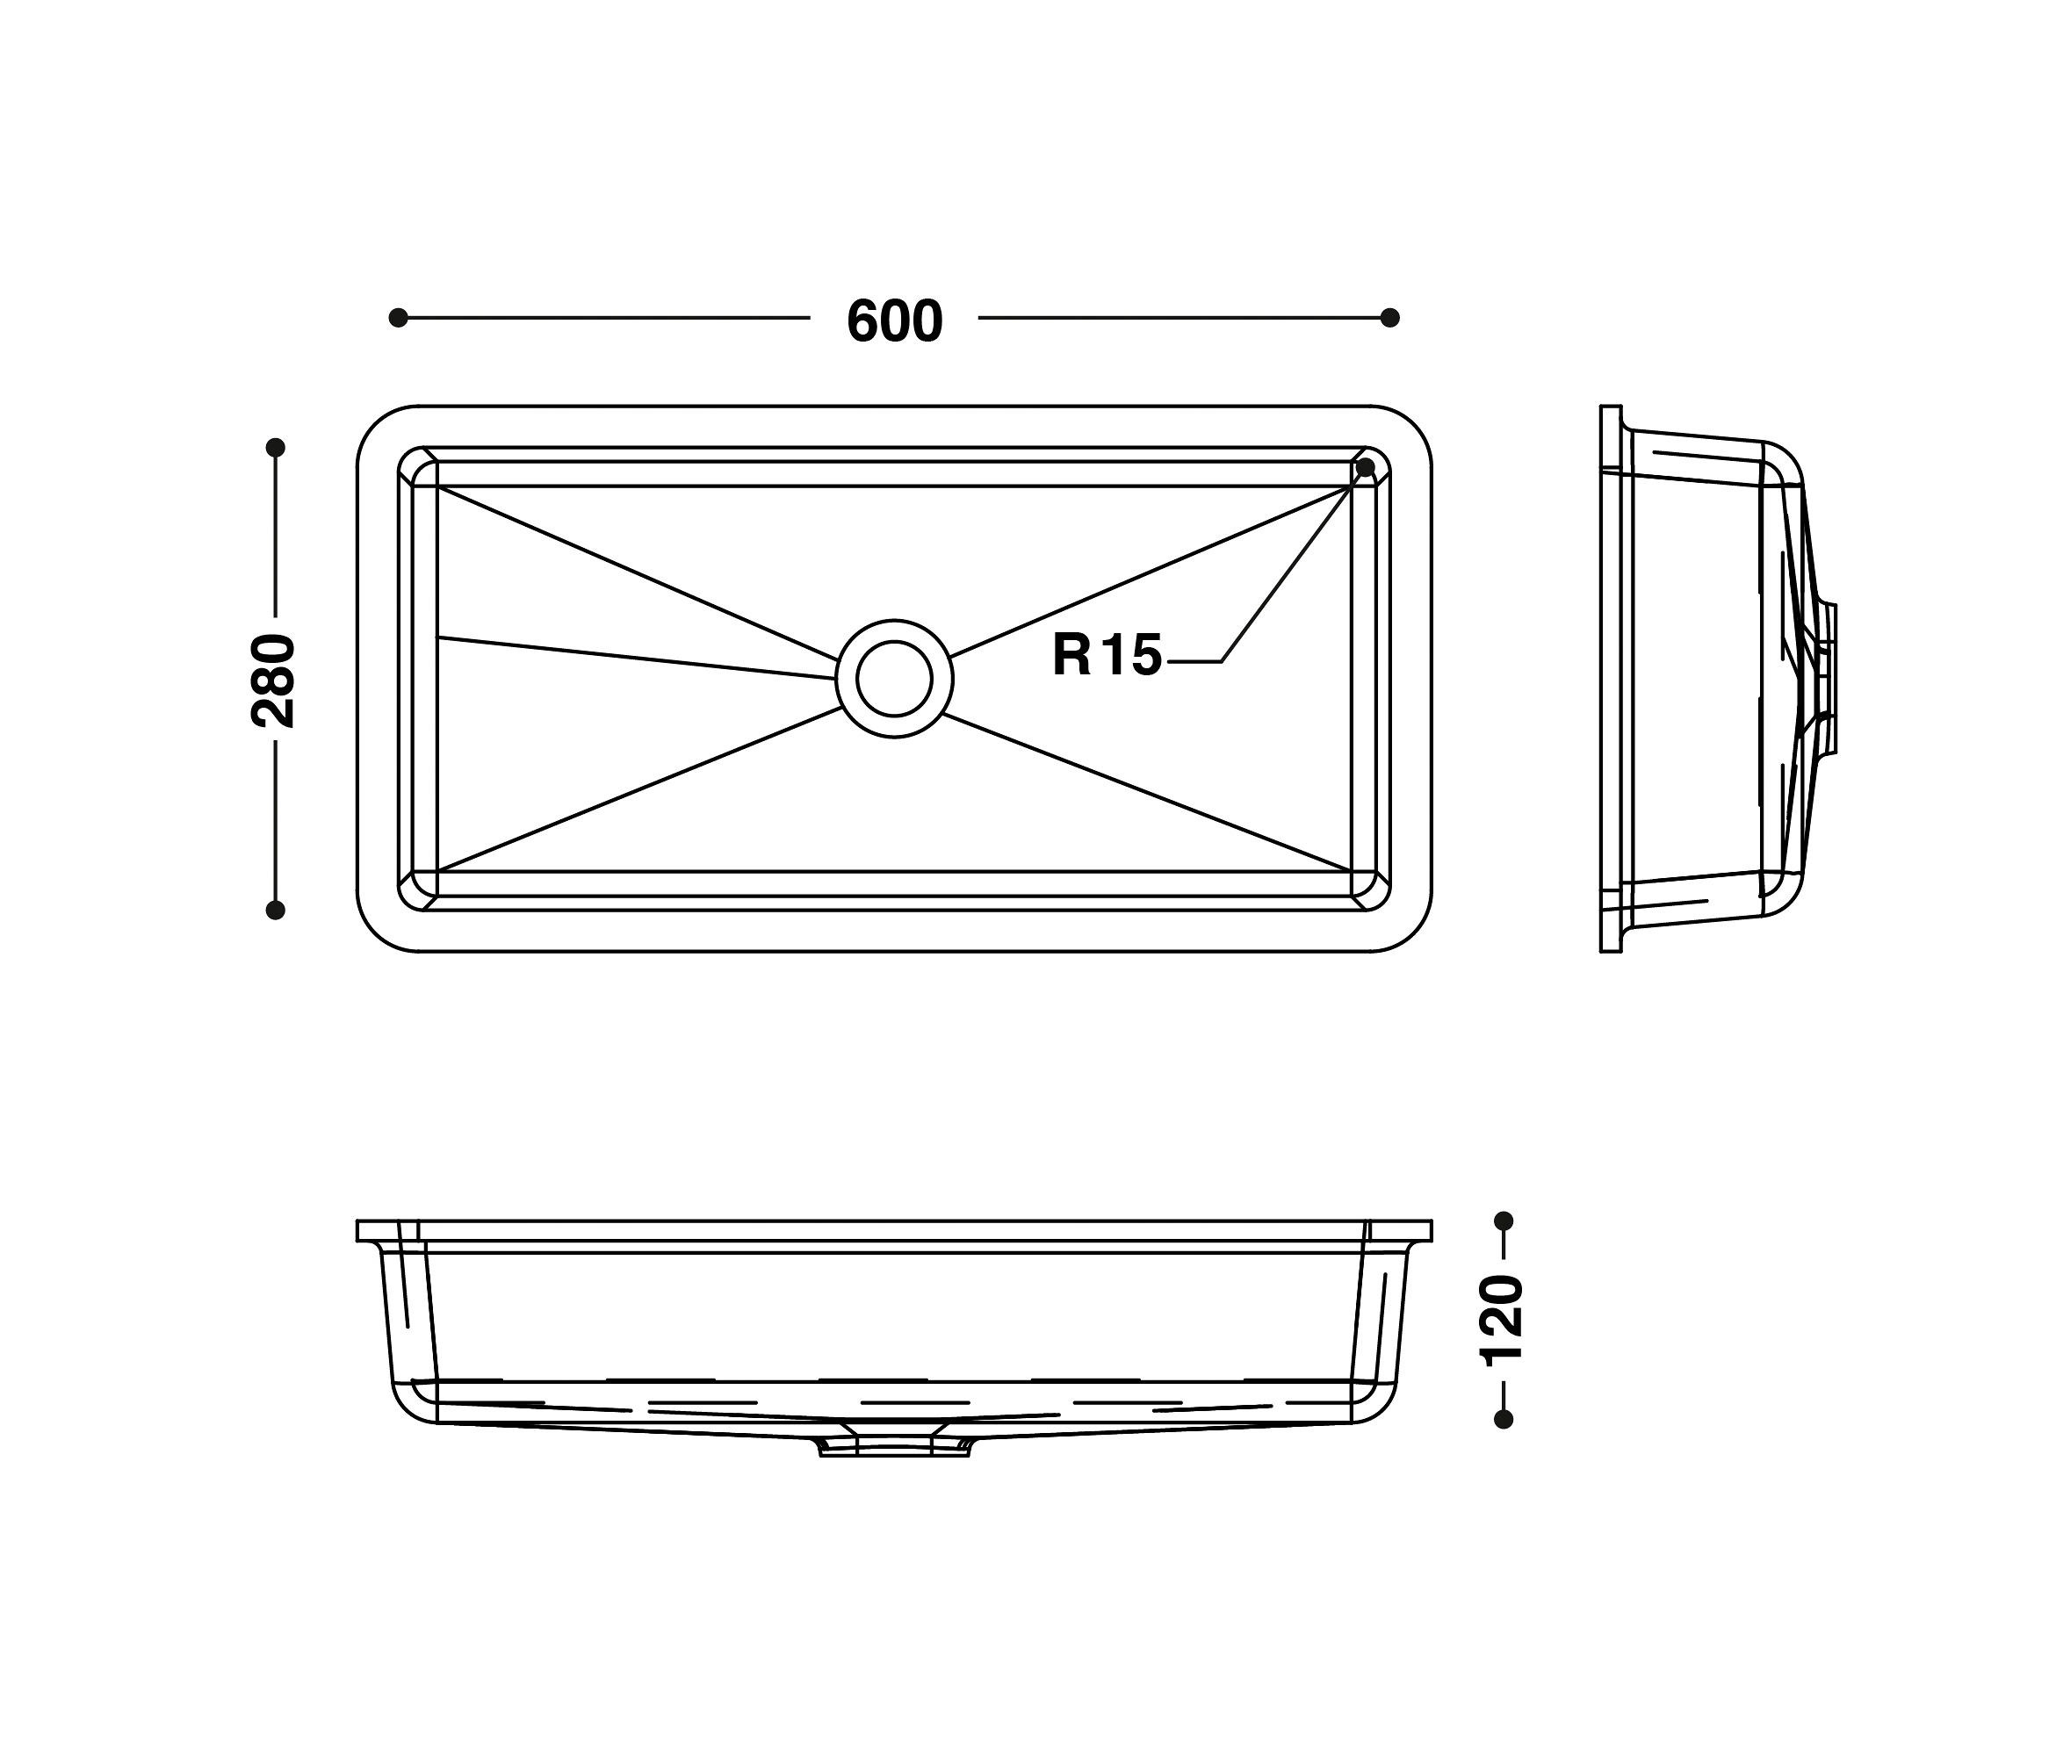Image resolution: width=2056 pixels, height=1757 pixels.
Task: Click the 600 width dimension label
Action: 894,321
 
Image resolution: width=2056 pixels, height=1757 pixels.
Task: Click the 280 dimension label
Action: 274,680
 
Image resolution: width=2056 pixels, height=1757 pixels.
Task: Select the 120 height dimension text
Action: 1501,1321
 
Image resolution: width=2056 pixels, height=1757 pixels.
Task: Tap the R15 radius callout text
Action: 1107,656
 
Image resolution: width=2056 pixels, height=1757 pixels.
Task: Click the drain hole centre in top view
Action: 894,679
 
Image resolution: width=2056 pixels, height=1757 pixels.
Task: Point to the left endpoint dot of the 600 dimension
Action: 398,318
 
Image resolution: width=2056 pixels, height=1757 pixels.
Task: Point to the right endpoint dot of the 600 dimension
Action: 1389,318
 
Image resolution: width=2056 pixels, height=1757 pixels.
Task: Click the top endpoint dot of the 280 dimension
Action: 276,448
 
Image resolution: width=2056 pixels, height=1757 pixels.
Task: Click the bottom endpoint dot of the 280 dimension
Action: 276,910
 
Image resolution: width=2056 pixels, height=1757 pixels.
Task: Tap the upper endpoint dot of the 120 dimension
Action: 1504,1221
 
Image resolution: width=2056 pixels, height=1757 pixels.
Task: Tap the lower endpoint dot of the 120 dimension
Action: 1504,1420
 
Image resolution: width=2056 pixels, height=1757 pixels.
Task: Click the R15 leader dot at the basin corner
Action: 1366,465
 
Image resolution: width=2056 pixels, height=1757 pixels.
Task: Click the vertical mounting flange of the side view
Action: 1611,679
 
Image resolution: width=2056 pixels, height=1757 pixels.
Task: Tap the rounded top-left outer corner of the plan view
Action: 376,426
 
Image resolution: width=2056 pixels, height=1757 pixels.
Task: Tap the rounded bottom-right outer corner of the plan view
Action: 1412,933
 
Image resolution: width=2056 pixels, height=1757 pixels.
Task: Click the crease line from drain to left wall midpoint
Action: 635,658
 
